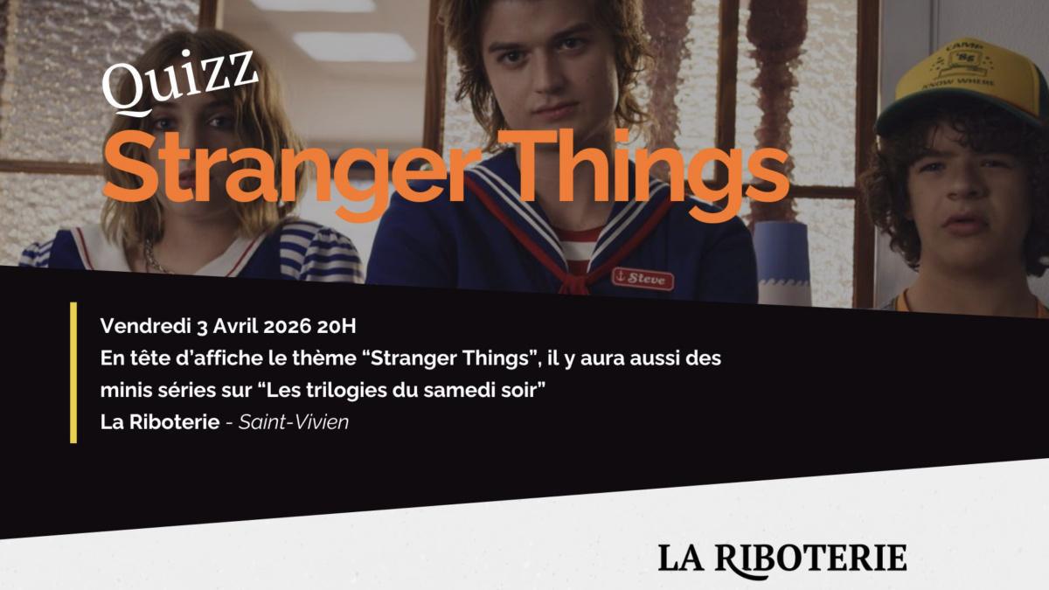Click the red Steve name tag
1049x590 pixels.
643,279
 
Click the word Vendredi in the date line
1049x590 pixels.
139,327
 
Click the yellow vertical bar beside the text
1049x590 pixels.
73,372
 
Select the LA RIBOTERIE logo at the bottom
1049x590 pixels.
782,558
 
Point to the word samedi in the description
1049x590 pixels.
457,391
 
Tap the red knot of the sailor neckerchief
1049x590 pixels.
572,282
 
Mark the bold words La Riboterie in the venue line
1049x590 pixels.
159,423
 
